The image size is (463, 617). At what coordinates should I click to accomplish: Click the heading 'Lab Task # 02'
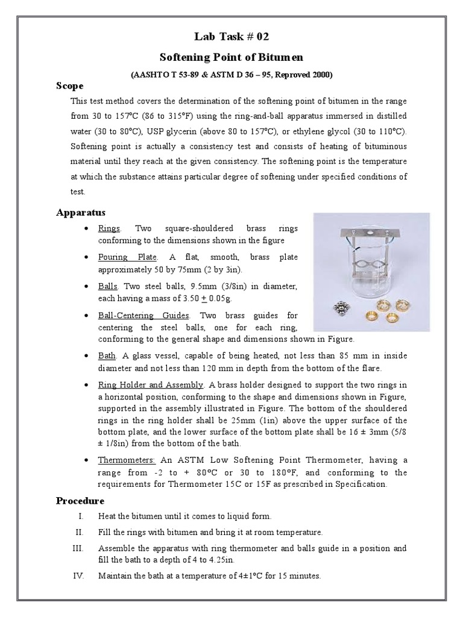231,36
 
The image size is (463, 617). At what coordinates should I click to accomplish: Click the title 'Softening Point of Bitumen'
231,57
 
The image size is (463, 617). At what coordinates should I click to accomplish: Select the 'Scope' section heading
69,86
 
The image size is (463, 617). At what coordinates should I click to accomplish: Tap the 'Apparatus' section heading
81,212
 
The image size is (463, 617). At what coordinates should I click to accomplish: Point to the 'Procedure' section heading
80,501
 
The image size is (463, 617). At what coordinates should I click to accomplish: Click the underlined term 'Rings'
109,229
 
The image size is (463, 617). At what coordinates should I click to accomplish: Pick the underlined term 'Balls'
108,286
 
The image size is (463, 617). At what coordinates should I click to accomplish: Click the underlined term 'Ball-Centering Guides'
144,315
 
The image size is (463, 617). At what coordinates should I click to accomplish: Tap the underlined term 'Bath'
107,355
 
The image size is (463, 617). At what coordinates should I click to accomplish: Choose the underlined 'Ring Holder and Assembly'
151,384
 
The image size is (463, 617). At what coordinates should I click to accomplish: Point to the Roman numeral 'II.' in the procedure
78,532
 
